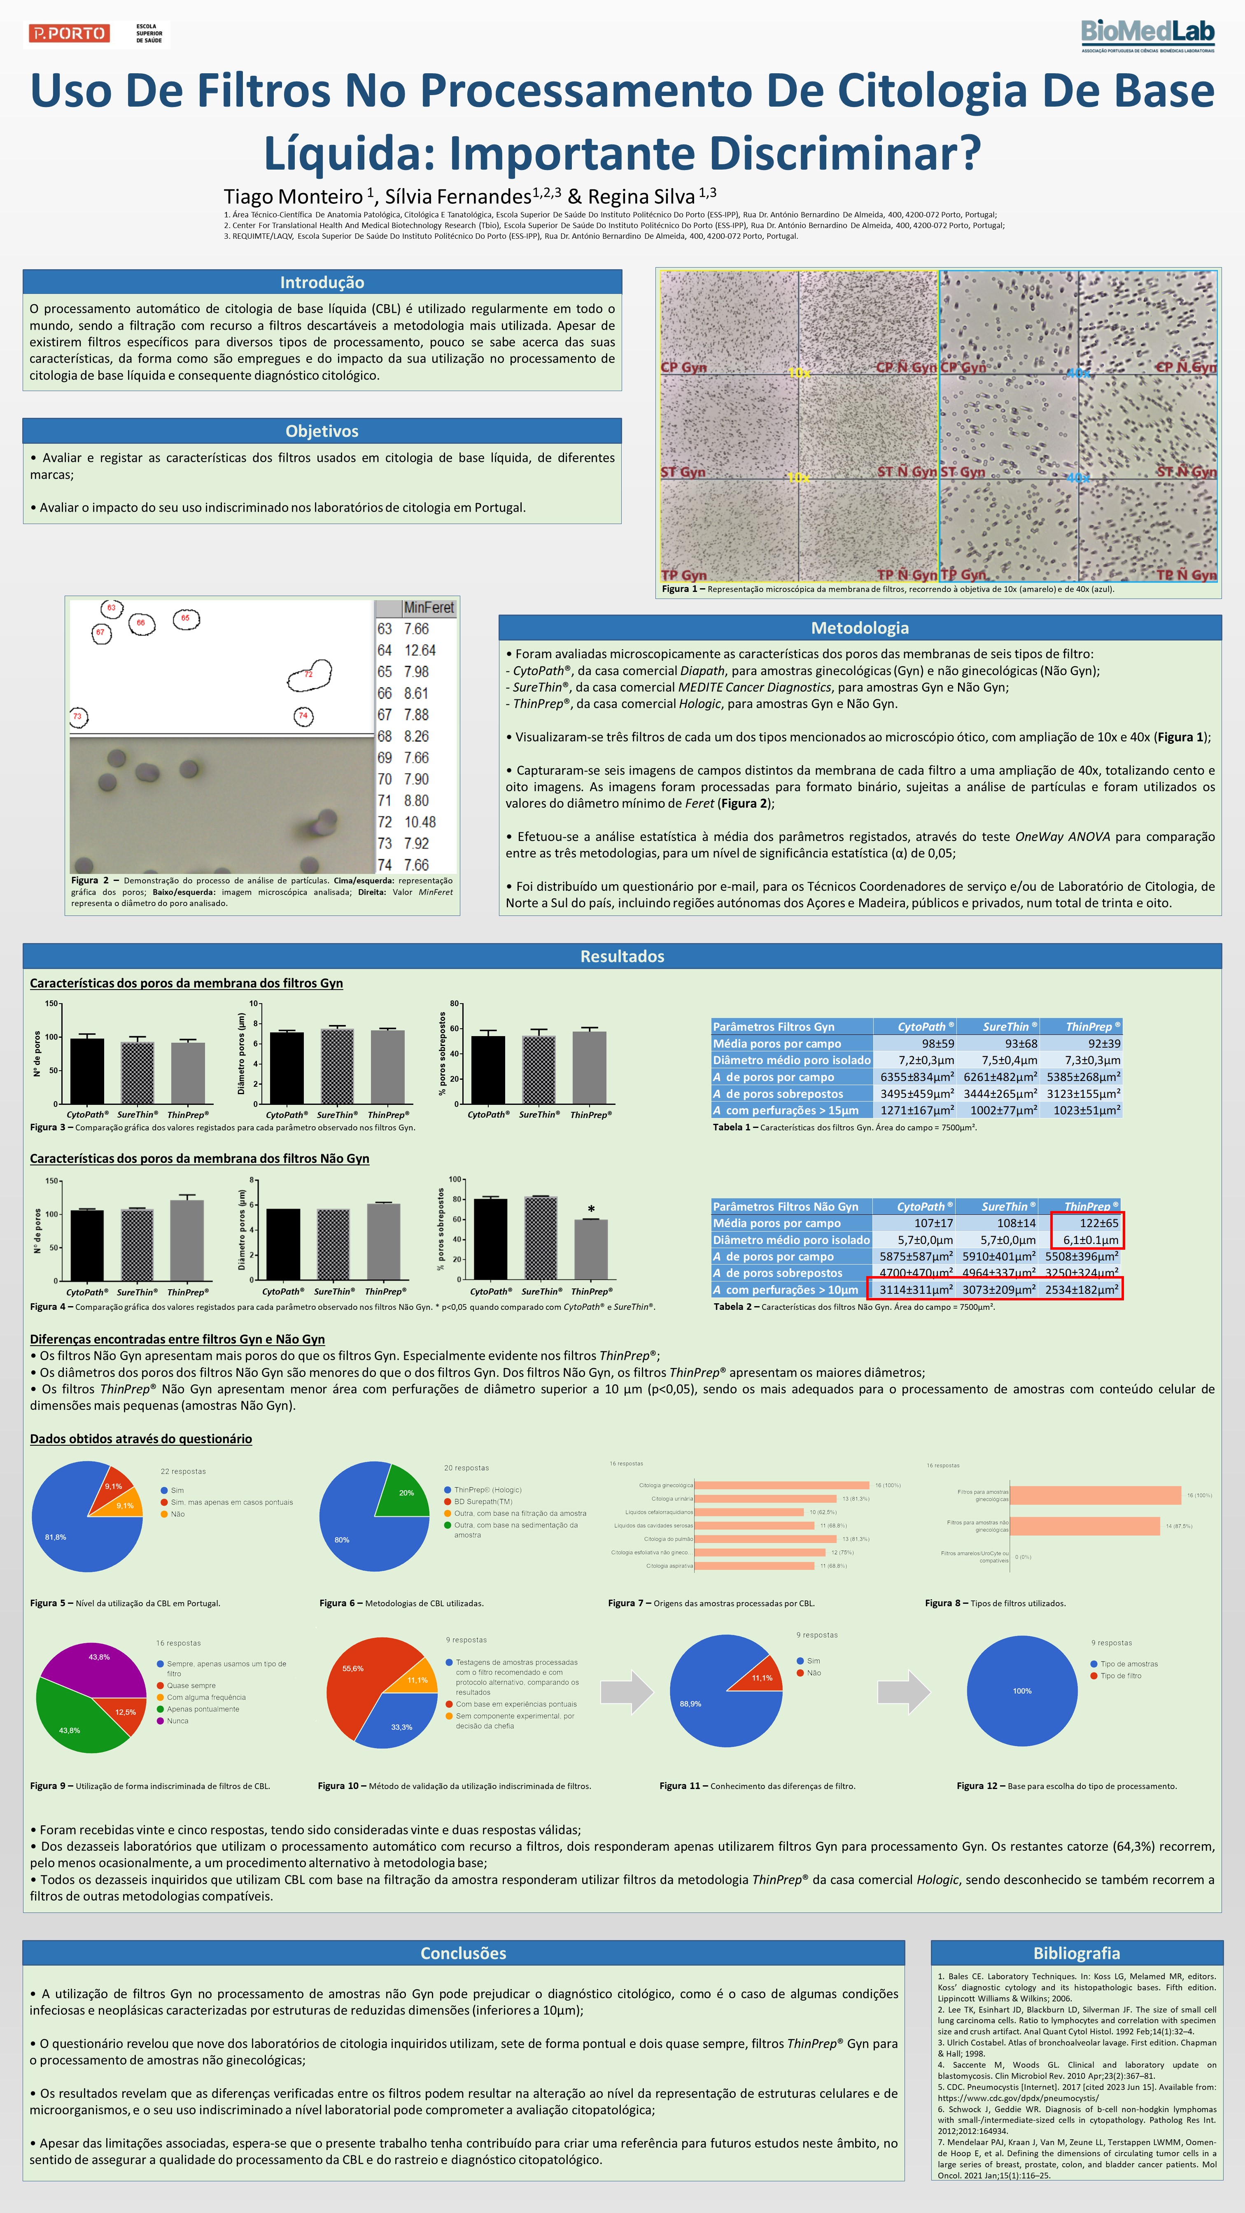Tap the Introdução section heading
coord(322,283)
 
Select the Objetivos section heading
coord(322,431)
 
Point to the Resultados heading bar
coord(622,956)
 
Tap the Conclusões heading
coord(463,1953)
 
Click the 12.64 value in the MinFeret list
coord(420,650)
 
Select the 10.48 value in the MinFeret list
coord(420,822)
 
